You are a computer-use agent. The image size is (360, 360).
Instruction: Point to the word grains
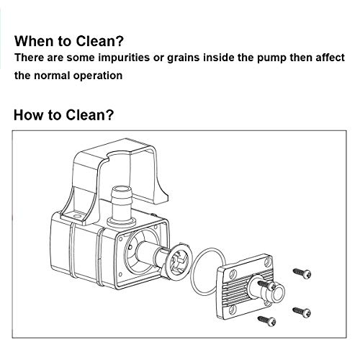click(x=183, y=58)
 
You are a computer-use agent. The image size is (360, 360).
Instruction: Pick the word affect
click(x=330, y=58)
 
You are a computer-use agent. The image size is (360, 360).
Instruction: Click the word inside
click(x=218, y=58)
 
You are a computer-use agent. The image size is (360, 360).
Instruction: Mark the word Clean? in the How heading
click(x=89, y=114)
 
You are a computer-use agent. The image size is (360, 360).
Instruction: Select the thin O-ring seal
click(x=208, y=272)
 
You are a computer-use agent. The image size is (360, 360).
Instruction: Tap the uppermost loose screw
click(x=302, y=273)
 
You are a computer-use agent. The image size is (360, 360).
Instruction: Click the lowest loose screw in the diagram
click(x=266, y=320)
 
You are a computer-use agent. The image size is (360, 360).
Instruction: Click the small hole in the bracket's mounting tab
click(x=77, y=217)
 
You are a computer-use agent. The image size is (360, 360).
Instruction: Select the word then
click(x=301, y=58)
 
